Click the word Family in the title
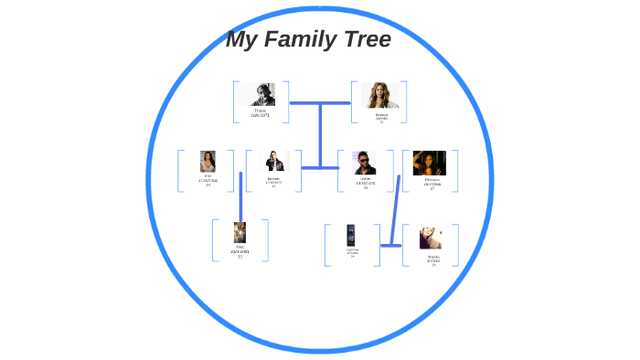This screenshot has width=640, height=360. [309, 40]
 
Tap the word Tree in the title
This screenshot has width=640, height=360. [367, 40]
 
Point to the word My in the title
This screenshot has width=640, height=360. [241, 40]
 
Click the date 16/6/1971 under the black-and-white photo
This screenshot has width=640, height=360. [261, 115]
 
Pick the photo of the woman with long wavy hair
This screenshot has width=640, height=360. [379, 96]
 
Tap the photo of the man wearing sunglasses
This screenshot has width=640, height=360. [365, 163]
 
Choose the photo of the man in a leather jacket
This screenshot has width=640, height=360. [274, 162]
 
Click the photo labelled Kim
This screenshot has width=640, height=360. [208, 162]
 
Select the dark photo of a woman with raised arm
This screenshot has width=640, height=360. [430, 163]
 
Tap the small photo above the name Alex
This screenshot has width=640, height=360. [240, 232]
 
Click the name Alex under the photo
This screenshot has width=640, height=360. [240, 247]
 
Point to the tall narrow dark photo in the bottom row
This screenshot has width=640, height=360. [351, 235]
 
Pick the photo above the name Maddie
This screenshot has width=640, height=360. [431, 238]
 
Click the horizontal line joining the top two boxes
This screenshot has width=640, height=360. [320, 103]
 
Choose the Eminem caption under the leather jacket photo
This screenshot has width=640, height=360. [273, 178]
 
